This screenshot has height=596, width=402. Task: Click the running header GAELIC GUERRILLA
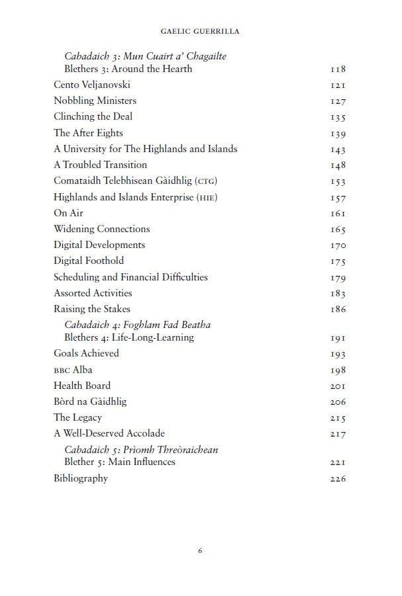tap(200, 30)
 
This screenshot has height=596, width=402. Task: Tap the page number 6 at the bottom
tap(200, 550)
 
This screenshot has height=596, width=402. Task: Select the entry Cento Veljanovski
tap(92, 85)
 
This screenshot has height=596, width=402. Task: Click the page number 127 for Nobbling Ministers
tap(338, 101)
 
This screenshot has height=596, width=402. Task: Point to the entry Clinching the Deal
tap(93, 116)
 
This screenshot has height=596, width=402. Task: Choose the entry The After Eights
tap(88, 133)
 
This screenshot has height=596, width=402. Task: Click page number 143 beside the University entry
tap(338, 149)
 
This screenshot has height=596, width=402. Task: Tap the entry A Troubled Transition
tap(100, 165)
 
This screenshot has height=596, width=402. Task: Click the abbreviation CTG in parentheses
tap(207, 181)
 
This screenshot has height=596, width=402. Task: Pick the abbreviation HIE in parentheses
tap(207, 197)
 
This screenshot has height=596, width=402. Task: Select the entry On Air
tap(68, 213)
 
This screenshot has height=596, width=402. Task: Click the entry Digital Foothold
tap(89, 261)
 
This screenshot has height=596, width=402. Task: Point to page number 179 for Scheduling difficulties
tap(338, 278)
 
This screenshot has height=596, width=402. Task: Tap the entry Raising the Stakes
tap(92, 309)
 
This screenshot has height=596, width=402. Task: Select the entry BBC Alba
tap(73, 370)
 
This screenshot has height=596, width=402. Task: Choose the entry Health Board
tap(82, 386)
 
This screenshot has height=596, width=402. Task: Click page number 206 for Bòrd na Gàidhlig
tap(338, 402)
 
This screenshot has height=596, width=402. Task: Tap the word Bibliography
tap(81, 478)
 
